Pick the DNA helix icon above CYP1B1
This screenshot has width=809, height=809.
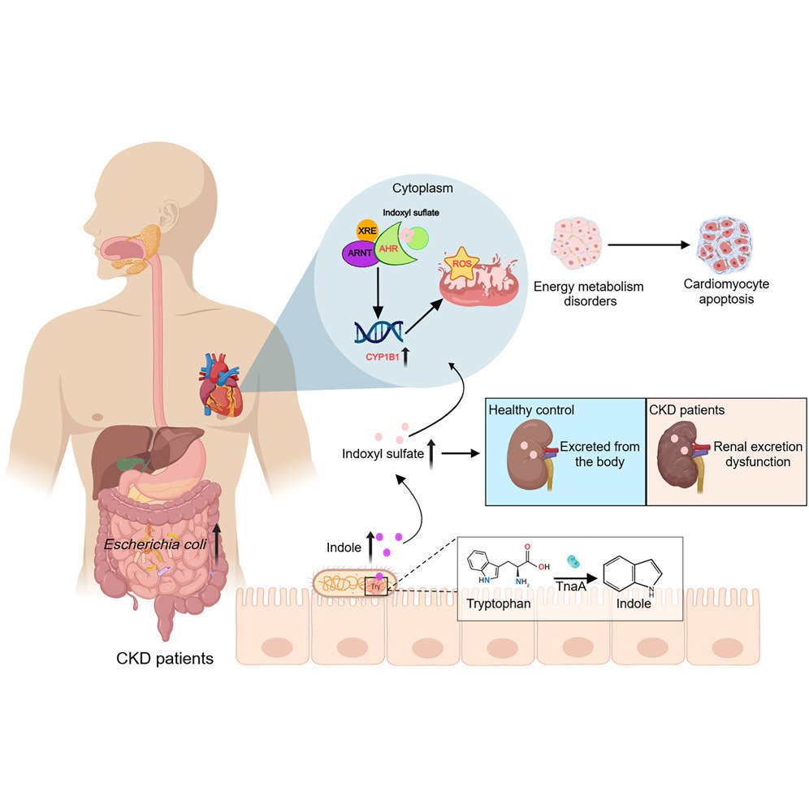click(x=379, y=331)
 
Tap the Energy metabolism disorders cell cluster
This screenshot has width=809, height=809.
click(x=576, y=244)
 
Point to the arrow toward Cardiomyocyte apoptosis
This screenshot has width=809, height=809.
click(x=646, y=244)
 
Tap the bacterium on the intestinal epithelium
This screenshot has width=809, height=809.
click(x=355, y=583)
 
